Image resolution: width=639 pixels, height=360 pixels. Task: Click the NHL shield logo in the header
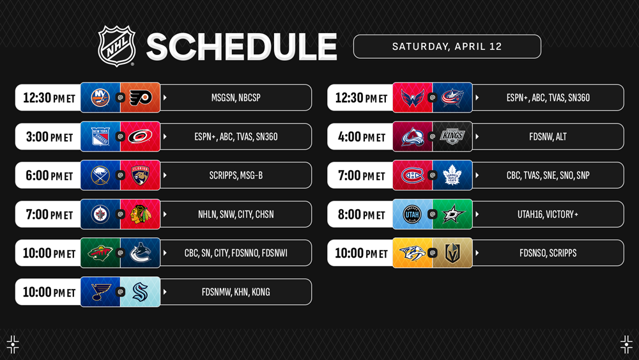click(x=116, y=45)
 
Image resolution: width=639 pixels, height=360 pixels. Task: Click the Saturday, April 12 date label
click(x=447, y=47)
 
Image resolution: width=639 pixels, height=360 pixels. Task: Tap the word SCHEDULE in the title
click(x=242, y=47)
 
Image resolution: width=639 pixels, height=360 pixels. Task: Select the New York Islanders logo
click(x=100, y=97)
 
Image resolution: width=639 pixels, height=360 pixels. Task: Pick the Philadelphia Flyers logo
click(x=141, y=97)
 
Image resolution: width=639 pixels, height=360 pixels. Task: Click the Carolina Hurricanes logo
click(x=140, y=137)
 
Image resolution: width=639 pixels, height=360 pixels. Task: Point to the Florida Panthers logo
click(x=141, y=175)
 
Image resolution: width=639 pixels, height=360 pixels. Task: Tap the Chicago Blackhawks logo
click(x=141, y=214)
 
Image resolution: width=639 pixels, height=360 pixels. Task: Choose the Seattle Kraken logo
click(x=141, y=292)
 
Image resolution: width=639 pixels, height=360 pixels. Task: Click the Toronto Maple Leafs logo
click(x=452, y=175)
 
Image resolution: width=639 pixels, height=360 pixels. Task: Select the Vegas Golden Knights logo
click(x=452, y=253)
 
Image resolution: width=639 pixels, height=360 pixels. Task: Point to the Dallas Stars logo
click(x=452, y=214)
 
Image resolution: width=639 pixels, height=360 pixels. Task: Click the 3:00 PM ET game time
click(x=49, y=137)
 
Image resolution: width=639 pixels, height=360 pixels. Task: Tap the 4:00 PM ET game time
click(x=362, y=137)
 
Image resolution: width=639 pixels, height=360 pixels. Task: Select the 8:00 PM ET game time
click(x=362, y=214)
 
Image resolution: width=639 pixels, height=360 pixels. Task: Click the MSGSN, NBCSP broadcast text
click(x=236, y=98)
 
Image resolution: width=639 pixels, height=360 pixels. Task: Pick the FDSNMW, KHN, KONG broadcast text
click(x=236, y=292)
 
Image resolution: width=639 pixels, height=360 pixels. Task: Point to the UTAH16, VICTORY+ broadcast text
click(x=548, y=214)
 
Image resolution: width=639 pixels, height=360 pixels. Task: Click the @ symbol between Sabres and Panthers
click(x=120, y=175)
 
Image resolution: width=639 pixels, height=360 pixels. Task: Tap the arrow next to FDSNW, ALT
click(x=477, y=137)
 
